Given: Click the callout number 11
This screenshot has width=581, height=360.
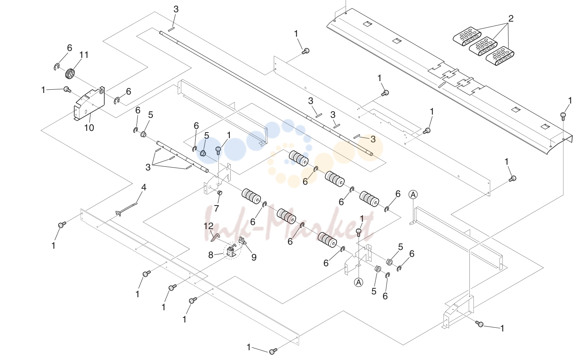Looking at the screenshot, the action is (x=84, y=55).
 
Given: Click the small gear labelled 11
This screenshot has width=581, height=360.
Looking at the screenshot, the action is (x=70, y=74).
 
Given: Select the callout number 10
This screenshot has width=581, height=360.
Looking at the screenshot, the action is (x=89, y=128).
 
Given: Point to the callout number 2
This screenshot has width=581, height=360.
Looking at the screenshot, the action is (x=511, y=18).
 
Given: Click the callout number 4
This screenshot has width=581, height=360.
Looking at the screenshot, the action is (x=143, y=187).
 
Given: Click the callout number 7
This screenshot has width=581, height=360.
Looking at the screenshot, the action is (x=216, y=208).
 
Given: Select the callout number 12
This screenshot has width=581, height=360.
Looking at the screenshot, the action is (x=209, y=226).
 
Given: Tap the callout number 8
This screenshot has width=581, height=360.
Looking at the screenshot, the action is (x=211, y=255).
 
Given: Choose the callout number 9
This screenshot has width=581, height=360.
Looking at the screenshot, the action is (x=254, y=257).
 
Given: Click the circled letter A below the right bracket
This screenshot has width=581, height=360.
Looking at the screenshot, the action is (x=359, y=282).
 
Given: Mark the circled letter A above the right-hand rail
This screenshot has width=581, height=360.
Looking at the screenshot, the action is (x=413, y=194).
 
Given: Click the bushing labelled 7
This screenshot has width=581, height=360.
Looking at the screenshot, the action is (x=220, y=193).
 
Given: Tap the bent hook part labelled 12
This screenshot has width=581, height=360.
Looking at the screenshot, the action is (x=215, y=237).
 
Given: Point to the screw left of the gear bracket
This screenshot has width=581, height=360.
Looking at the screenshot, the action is (x=67, y=89).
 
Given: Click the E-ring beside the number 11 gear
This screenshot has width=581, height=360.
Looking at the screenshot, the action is (x=57, y=67).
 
